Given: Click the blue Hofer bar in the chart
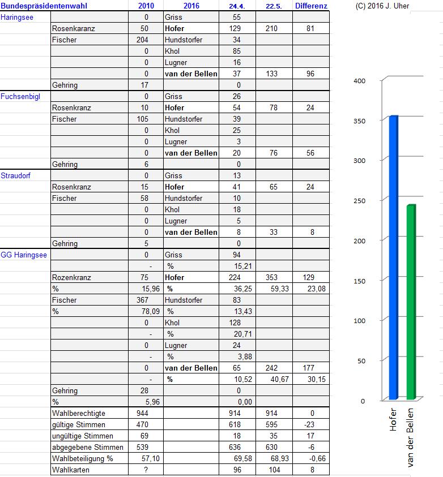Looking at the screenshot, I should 393,257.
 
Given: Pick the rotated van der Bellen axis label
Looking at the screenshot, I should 411,438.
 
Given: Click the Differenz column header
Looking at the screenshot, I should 310,6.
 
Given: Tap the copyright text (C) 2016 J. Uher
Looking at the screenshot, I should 382,6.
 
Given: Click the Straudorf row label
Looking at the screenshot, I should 16,175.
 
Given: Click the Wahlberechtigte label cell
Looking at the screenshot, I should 78,413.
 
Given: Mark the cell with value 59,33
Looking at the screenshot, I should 271,289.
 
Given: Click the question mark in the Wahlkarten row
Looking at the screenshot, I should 146,470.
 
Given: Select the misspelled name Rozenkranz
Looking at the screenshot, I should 71,277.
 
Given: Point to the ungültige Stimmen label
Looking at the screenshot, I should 82,436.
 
